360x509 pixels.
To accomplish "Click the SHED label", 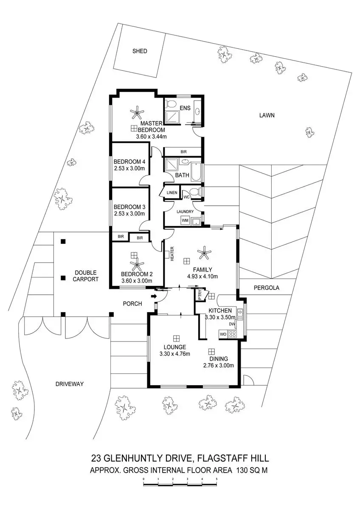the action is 140,51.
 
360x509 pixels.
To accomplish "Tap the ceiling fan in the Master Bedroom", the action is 136,112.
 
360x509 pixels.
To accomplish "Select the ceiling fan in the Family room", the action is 205,254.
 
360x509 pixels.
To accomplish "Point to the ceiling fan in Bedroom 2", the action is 136,266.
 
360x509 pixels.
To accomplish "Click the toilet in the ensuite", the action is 171,104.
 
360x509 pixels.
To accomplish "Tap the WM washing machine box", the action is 185,221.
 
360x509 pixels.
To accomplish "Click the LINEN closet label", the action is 172,193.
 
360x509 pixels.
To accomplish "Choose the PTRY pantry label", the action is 200,295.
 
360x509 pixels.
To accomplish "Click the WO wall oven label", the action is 223,334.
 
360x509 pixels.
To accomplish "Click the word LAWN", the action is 267,115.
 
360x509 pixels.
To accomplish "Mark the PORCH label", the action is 132,304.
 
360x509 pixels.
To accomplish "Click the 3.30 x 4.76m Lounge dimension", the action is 174,354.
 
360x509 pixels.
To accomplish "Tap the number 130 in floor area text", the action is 243,470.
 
